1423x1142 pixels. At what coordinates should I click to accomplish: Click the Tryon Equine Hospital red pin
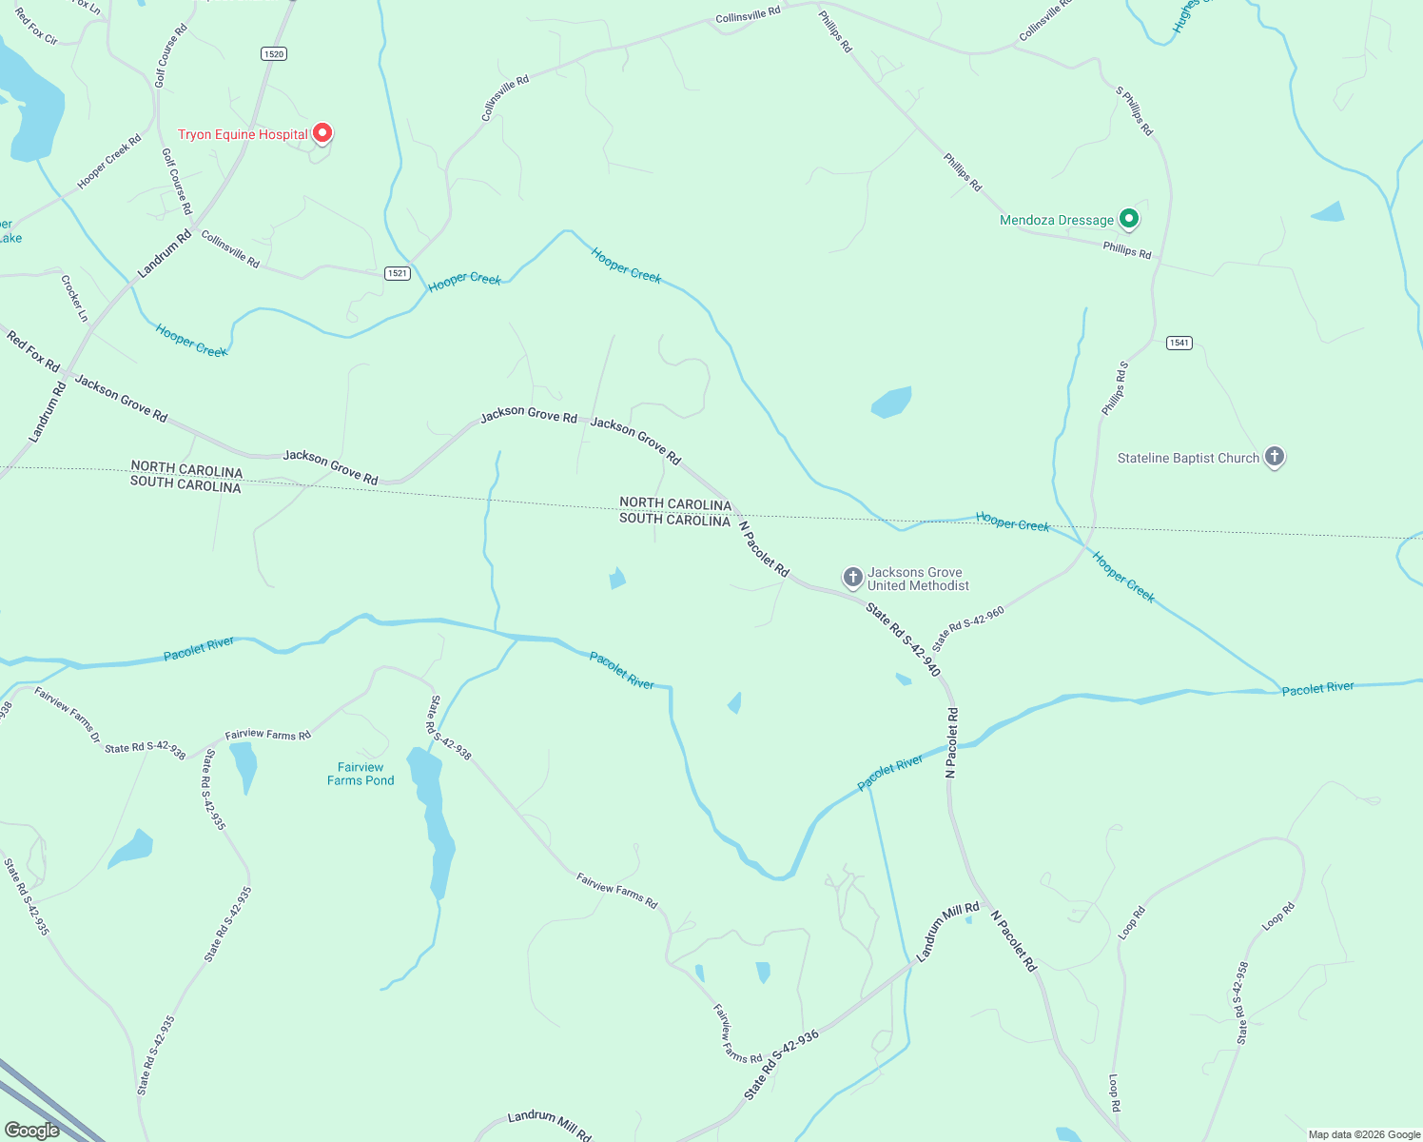322,133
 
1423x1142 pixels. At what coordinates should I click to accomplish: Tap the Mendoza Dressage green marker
1128,219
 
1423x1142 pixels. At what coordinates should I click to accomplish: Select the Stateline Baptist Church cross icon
1275,457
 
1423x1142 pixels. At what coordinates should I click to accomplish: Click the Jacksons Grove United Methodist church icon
852,577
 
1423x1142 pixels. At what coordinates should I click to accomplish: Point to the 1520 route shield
274,54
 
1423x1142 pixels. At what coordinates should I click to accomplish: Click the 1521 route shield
398,273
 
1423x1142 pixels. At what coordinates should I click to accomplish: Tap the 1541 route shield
1179,343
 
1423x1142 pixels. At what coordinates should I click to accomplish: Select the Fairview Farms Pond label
361,774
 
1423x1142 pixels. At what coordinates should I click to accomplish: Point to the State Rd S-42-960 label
968,629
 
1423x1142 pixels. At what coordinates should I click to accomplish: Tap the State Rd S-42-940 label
903,640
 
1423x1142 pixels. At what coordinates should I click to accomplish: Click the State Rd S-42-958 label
1241,1003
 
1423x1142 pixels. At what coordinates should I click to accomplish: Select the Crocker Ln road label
74,298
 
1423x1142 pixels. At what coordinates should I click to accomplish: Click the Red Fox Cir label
37,27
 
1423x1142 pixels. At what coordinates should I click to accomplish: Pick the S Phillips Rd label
1134,110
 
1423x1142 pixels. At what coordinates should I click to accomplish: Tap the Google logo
31,1131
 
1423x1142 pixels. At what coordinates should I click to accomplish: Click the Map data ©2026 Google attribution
1364,1134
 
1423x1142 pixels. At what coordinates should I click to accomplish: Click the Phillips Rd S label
1115,388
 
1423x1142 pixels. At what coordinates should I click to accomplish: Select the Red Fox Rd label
33,351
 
